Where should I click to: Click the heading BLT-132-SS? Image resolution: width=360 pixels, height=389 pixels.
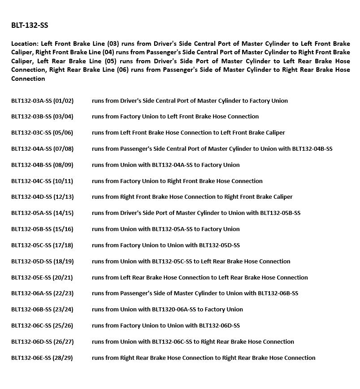click(30, 26)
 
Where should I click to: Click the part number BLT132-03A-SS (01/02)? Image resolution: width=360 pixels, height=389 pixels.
click(42, 101)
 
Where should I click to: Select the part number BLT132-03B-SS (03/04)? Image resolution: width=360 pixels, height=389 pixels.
click(42, 117)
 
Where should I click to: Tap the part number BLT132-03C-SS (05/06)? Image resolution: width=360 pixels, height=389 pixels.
click(42, 133)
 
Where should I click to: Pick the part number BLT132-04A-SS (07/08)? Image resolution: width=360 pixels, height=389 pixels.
click(42, 149)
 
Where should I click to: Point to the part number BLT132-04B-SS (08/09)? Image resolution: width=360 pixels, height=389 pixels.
click(42, 165)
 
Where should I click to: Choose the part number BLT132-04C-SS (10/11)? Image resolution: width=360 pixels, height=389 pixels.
click(42, 181)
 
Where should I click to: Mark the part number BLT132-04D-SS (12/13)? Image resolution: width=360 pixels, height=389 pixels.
click(42, 197)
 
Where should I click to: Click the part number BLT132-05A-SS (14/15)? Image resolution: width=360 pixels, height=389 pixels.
click(42, 213)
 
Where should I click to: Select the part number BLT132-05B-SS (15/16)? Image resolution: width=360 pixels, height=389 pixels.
click(42, 229)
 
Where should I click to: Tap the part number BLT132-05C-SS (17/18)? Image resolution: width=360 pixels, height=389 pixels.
click(42, 245)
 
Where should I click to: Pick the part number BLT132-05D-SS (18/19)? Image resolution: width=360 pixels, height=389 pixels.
click(42, 262)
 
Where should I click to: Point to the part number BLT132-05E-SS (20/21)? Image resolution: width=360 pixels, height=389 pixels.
click(42, 278)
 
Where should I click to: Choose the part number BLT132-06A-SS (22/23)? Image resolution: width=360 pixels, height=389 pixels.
click(42, 293)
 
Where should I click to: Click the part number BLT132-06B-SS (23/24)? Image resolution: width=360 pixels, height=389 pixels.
click(42, 310)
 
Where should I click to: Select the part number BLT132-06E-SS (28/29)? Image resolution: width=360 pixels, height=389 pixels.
click(42, 358)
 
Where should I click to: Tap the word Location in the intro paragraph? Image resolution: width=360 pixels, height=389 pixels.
click(25, 44)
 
